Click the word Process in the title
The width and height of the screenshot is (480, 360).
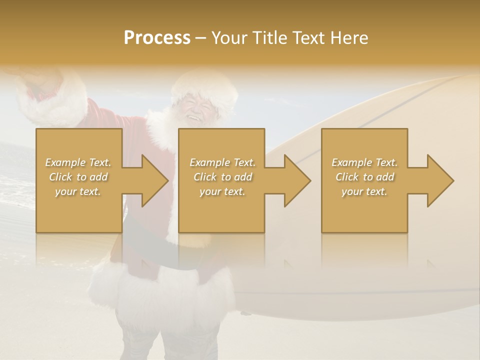(157, 37)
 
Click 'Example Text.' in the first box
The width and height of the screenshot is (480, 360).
(78, 162)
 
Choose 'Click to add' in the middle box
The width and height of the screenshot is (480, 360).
(222, 177)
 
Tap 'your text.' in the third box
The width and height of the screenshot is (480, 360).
(364, 191)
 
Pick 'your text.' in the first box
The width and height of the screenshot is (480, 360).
(78, 191)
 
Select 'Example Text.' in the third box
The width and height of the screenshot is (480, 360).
(364, 162)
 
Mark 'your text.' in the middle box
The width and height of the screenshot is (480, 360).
(222, 191)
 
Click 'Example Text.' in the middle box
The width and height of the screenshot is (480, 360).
(222, 162)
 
